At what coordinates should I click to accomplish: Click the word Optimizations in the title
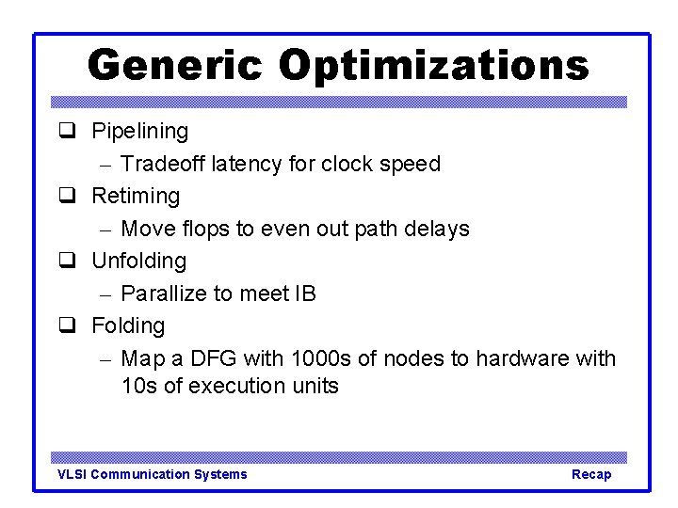coord(433,66)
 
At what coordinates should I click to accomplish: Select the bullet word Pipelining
coord(139,132)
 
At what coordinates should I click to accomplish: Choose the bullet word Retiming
coord(135,197)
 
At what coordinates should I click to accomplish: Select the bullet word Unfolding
coord(138,261)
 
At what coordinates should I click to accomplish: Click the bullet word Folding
coord(128,326)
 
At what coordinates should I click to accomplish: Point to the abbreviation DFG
coord(216,358)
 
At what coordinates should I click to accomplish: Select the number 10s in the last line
coord(139,386)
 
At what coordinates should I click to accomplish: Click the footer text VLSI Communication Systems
coord(153,474)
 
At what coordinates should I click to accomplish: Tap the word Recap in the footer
coord(591,474)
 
